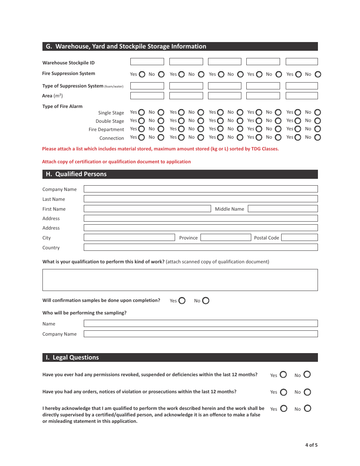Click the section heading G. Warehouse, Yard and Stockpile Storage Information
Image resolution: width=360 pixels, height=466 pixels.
pos(126,47)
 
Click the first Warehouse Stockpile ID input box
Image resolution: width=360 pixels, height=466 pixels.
pos(147,62)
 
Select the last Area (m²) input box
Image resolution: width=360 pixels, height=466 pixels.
pos(302,96)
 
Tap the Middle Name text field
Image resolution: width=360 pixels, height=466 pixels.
pos(283,209)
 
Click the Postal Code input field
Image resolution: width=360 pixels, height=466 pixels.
pos(299,238)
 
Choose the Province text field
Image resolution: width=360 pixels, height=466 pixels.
pos(226,238)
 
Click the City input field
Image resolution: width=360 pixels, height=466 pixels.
pos(129,238)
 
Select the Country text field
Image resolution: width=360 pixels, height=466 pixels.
pos(200,247)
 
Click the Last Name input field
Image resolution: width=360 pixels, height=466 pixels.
pos(200,199)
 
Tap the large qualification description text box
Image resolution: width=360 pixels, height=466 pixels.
pos(180,280)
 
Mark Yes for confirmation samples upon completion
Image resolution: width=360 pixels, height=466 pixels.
pos(182,301)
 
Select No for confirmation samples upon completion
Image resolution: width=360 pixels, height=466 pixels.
pos(206,301)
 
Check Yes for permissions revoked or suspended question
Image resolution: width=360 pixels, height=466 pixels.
pos(283,375)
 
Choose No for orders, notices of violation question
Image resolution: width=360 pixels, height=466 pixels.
pos(307,392)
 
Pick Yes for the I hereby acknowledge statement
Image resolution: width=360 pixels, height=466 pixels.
pos(283,409)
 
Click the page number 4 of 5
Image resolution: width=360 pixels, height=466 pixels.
pos(311,445)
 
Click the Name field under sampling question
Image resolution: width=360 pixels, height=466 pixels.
pos(200,324)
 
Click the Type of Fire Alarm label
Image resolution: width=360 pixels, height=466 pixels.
pos(62,106)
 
